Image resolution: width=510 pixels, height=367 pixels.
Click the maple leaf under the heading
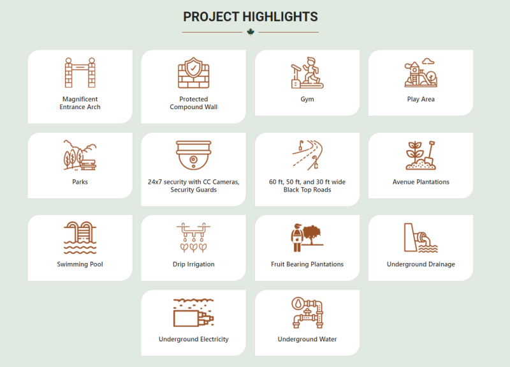(251, 32)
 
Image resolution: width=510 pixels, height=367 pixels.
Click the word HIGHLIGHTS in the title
(280, 17)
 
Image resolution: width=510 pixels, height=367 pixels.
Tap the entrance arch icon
(80, 73)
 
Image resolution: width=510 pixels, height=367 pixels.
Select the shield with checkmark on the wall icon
(194, 68)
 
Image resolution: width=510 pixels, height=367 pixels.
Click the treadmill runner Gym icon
(307, 73)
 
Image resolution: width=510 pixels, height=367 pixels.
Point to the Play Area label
(421, 99)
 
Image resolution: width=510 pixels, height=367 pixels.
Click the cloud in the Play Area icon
(428, 61)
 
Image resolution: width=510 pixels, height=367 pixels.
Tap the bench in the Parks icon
(88, 165)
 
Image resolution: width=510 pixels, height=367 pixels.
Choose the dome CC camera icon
(194, 155)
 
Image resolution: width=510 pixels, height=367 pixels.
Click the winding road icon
(307, 155)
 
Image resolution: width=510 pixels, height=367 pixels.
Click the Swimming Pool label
(80, 264)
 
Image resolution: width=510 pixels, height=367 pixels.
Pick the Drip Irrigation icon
(194, 237)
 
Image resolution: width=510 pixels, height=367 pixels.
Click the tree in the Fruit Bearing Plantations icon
(312, 234)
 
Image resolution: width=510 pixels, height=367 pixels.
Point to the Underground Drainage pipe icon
(421, 237)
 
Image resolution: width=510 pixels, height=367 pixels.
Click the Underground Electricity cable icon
(194, 313)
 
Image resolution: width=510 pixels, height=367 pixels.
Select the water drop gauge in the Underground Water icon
(298, 304)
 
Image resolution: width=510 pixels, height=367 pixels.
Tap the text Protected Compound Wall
(194, 103)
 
